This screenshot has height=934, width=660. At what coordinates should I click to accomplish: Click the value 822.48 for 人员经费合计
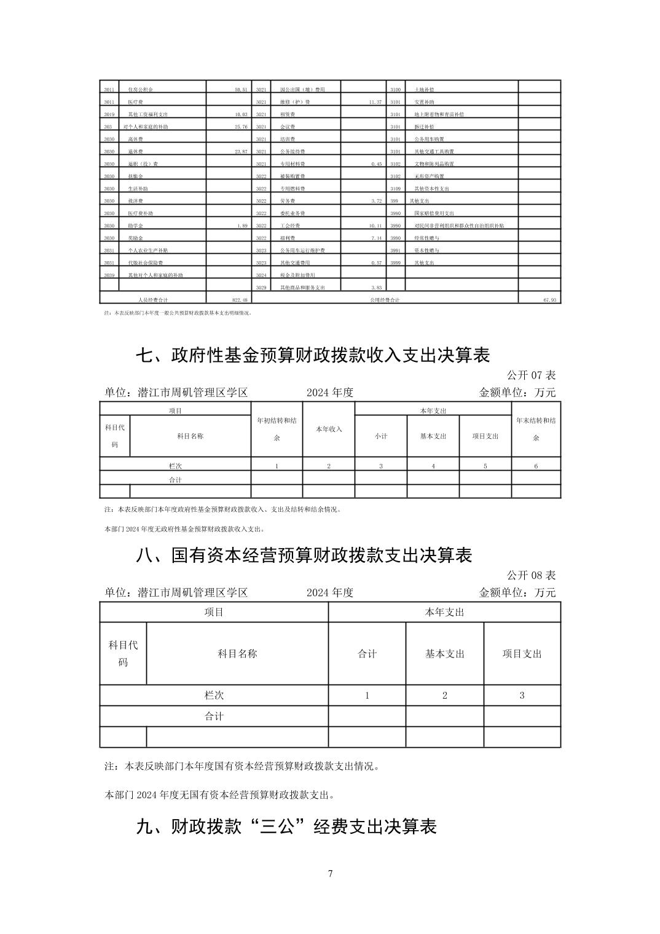238,300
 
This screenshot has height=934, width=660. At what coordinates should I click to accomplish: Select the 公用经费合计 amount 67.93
549,300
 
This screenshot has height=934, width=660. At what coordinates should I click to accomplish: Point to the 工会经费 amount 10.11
375,226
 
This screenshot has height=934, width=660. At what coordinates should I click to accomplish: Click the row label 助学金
135,226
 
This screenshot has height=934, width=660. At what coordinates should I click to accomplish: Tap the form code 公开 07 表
531,375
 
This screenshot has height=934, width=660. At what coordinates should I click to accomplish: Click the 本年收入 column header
329,429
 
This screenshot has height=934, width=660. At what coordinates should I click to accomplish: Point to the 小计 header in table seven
381,436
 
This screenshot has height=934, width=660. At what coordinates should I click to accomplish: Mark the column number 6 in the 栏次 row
536,466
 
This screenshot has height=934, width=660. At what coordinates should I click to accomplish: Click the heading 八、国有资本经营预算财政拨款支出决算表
304,555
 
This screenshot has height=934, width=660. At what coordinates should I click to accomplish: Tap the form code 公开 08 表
531,575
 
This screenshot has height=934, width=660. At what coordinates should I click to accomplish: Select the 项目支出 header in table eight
522,654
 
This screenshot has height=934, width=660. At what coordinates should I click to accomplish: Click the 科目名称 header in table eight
237,654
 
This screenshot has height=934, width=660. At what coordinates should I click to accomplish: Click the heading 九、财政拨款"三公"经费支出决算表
286,826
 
